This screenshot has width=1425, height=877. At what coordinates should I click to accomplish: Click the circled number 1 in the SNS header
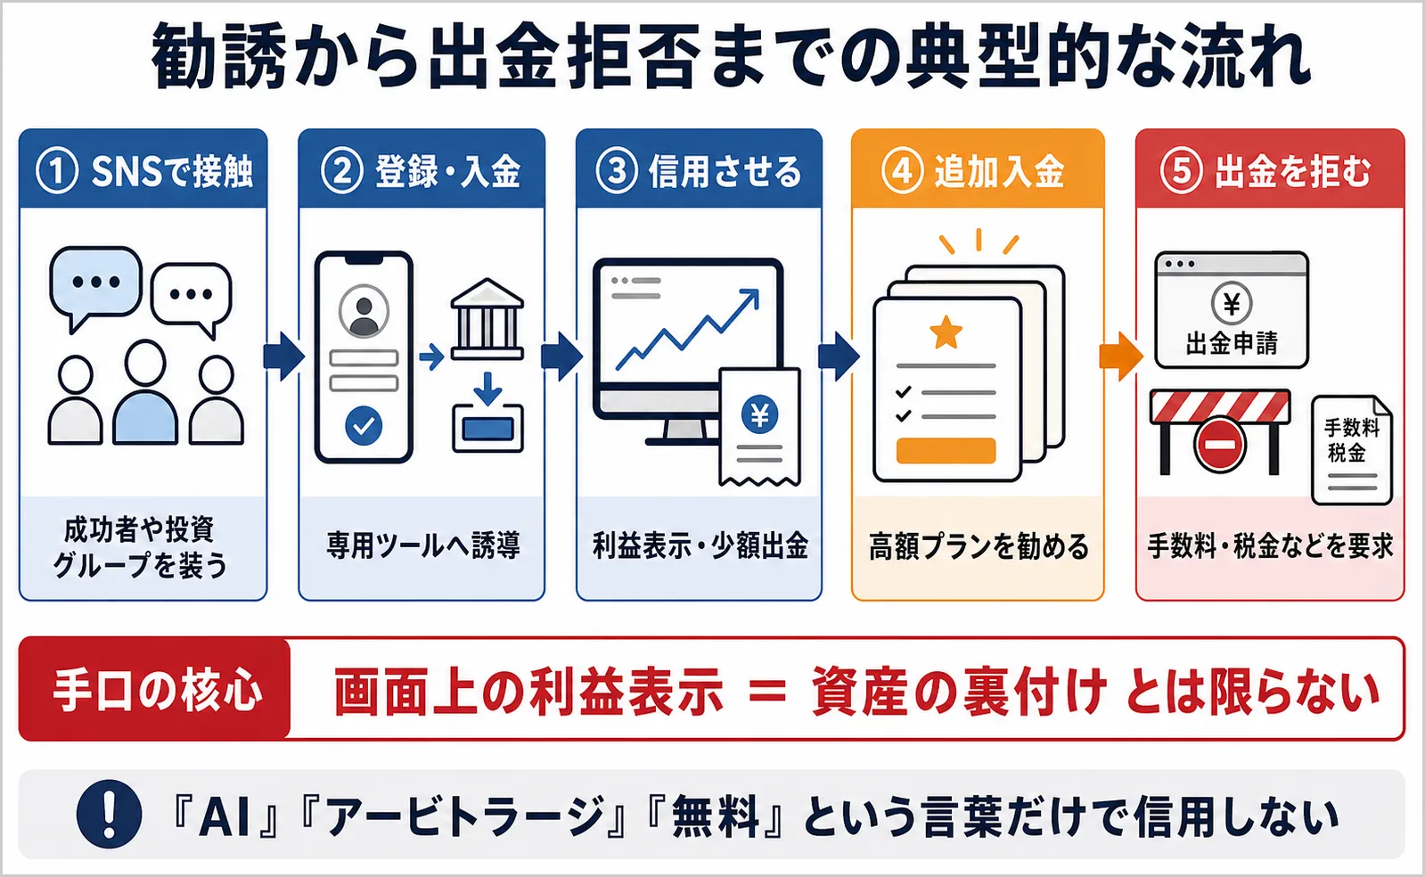[57, 171]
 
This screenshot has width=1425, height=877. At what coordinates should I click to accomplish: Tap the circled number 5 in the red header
[1181, 171]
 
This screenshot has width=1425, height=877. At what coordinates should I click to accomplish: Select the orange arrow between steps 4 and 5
[1120, 357]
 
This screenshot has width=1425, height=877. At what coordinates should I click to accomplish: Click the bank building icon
[487, 319]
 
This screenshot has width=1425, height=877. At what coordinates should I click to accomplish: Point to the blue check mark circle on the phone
[364, 426]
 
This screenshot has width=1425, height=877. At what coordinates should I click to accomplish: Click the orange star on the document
[946, 332]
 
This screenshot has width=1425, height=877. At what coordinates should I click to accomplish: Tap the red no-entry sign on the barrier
[1219, 445]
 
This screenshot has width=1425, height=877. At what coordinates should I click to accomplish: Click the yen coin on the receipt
[759, 414]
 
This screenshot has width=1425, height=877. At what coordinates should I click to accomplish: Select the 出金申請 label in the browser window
[1232, 343]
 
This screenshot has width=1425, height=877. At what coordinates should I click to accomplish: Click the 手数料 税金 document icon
[1352, 450]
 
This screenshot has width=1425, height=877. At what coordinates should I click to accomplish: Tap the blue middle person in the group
[145, 392]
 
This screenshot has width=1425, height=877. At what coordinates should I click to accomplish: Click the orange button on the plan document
[946, 451]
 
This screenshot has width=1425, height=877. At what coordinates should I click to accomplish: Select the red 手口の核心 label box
[154, 689]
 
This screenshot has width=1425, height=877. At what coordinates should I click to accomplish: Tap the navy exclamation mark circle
[109, 814]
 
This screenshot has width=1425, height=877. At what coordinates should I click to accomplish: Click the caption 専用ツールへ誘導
[423, 545]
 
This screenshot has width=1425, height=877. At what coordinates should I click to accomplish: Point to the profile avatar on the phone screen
[364, 311]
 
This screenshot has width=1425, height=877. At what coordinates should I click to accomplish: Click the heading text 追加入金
[999, 171]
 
